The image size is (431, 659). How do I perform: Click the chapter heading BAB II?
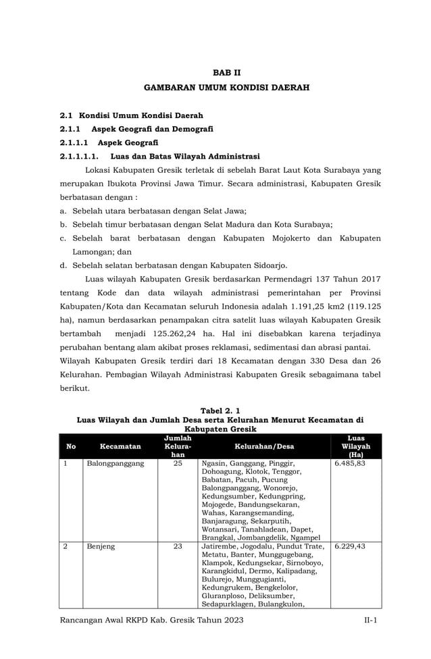pyautogui.click(x=226, y=72)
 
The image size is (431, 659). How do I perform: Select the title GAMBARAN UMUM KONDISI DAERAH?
pyautogui.click(x=226, y=88)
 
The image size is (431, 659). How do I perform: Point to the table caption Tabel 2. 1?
pyautogui.click(x=220, y=411)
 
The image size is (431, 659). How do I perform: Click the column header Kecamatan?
pyautogui.click(x=120, y=446)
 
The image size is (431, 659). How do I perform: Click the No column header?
pyautogui.click(x=71, y=446)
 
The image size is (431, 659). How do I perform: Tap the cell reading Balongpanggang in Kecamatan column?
pyautogui.click(x=116, y=464)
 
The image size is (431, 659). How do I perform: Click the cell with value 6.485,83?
pyautogui.click(x=351, y=464)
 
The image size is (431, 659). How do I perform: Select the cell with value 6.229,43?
pyautogui.click(x=351, y=546)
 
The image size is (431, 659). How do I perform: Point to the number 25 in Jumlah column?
pyautogui.click(x=178, y=464)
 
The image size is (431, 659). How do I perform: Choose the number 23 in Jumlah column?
pyautogui.click(x=178, y=546)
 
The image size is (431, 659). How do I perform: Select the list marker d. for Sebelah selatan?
pyautogui.click(x=63, y=265)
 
